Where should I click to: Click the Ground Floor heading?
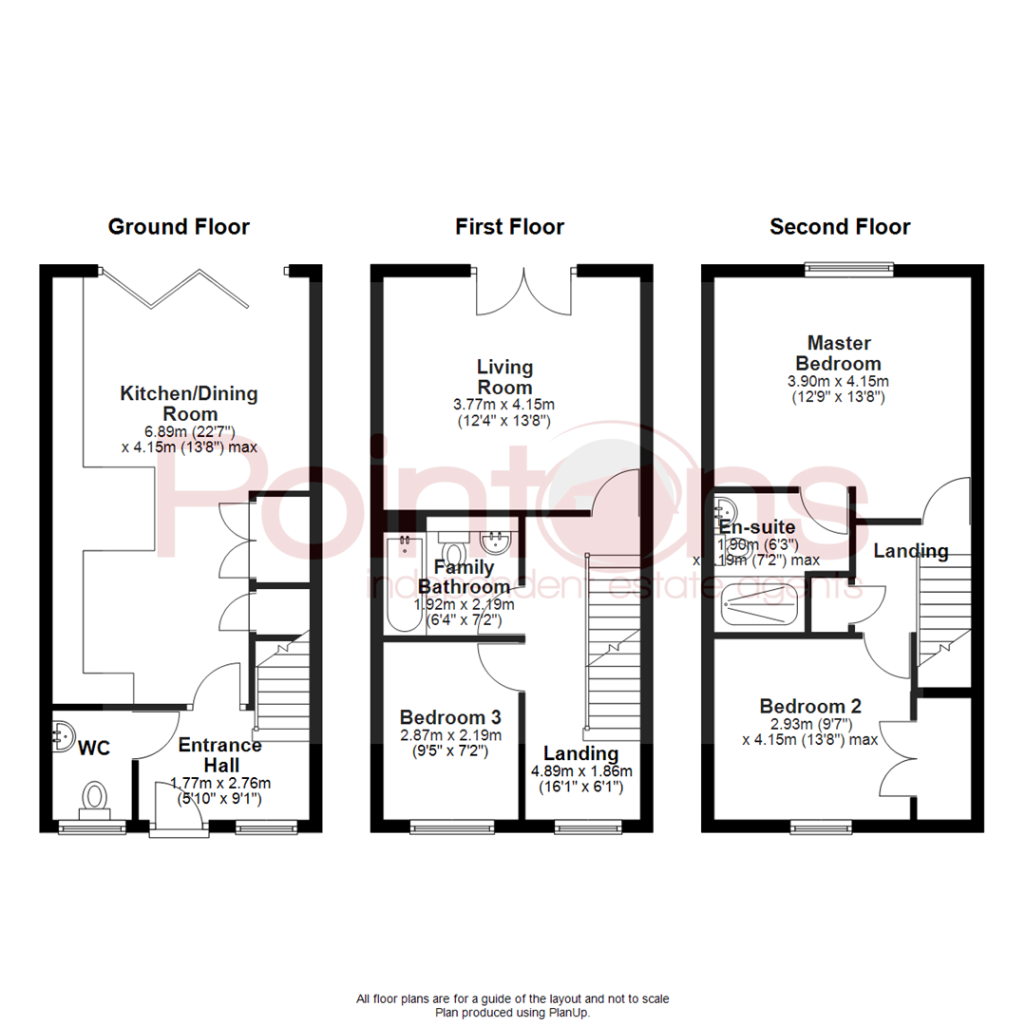[179, 227]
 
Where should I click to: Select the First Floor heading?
[509, 227]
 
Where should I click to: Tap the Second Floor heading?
[840, 227]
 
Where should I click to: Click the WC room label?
[95, 749]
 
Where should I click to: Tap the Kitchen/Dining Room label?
[188, 404]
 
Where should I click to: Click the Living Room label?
[505, 377]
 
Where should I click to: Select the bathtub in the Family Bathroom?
[403, 584]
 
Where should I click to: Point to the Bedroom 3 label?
[450, 717]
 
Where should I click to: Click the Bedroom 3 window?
[453, 828]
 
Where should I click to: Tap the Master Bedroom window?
[848, 268]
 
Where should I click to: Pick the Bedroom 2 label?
[810, 707]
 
